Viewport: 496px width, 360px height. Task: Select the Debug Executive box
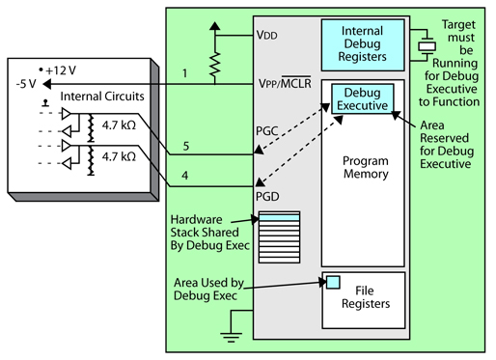[x=360, y=97]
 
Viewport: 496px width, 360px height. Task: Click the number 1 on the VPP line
[x=184, y=72]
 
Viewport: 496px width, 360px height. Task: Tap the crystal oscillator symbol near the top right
[x=422, y=44]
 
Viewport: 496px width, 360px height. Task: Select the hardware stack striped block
[x=281, y=231]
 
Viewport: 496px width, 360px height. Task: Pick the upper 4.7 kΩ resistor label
[x=124, y=124]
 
